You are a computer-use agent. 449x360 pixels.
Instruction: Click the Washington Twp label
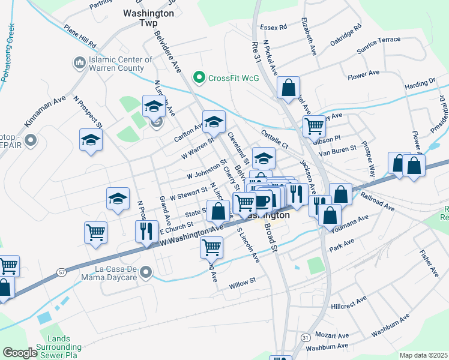pos(148,13)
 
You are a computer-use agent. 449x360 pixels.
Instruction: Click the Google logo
pos(20,353)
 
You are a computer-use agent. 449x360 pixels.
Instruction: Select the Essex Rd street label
pos(274,27)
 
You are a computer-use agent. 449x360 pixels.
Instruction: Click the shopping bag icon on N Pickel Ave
pos(288,88)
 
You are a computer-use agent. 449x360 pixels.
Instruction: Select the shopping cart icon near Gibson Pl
pos(314,126)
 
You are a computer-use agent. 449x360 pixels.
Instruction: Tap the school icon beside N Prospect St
pos(91,140)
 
